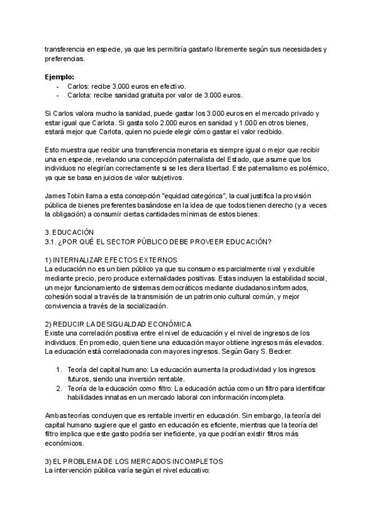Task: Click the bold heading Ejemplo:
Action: pos(59,77)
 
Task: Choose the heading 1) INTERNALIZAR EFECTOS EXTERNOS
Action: pos(107,259)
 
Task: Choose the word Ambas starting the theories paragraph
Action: pos(56,415)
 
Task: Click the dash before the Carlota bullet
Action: pos(58,95)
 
